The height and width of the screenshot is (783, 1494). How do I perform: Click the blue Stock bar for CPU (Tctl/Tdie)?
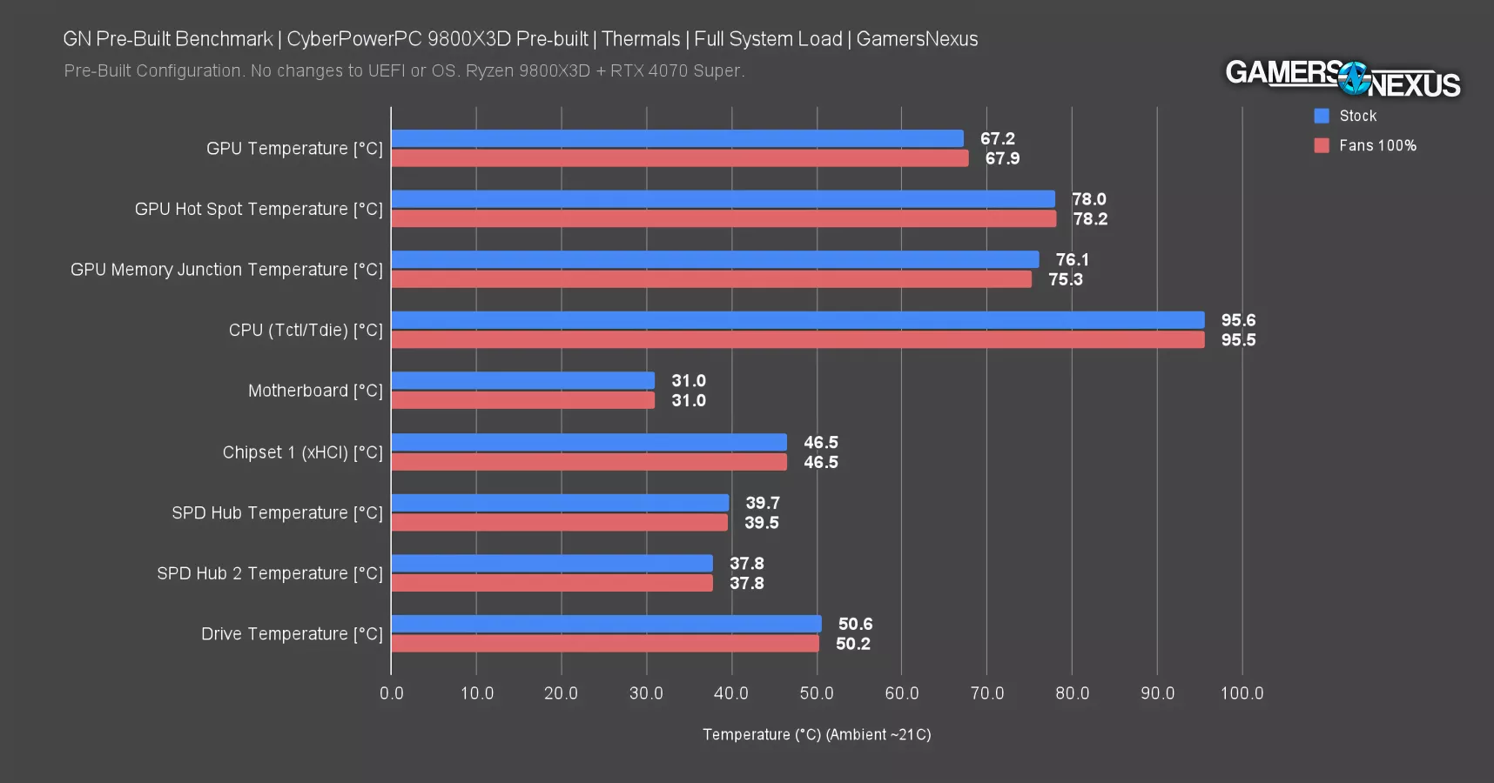[797, 320]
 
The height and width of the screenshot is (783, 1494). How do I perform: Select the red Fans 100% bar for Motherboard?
[522, 400]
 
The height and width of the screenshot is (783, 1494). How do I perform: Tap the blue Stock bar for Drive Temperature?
[606, 624]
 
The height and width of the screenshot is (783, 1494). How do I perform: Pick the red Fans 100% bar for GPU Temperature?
[679, 158]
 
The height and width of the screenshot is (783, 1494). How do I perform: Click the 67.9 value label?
[1002, 158]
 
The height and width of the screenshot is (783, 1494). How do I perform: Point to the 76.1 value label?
[1072, 259]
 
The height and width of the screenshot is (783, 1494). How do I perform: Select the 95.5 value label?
[1238, 340]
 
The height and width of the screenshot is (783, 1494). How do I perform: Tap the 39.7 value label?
[762, 503]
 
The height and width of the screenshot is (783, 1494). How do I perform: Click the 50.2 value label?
[852, 644]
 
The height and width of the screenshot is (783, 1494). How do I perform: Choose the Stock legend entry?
[1357, 116]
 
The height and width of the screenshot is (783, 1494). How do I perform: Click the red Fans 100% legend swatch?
[1322, 145]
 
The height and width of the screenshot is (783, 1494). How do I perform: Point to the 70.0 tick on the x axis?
[986, 693]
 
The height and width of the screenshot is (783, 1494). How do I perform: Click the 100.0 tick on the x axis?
[1242, 693]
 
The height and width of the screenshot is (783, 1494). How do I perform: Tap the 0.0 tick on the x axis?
[392, 693]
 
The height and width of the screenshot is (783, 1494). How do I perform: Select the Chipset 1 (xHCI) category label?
[302, 452]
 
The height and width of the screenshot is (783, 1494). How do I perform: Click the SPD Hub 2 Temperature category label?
[269, 573]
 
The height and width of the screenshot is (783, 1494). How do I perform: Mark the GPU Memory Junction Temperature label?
[226, 270]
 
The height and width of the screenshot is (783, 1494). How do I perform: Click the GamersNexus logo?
[1343, 79]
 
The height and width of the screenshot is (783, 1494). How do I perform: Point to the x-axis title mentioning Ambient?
[817, 734]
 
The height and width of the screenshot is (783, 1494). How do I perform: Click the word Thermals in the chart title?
[641, 39]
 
